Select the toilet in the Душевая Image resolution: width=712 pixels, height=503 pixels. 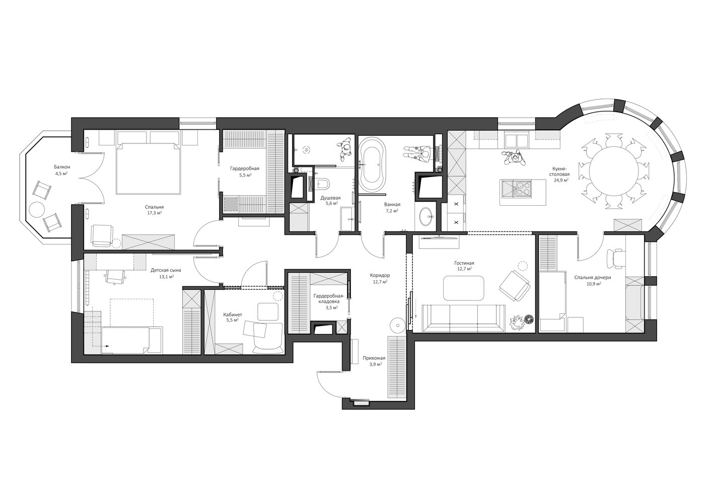click(x=323, y=183)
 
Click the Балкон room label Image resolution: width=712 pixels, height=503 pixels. click(x=62, y=166)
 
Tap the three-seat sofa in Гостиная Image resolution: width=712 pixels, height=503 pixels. click(x=463, y=318)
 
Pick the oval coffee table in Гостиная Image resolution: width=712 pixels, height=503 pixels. click(x=463, y=288)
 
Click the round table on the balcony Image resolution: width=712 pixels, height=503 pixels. click(x=37, y=210)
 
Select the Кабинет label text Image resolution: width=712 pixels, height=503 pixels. click(x=233, y=315)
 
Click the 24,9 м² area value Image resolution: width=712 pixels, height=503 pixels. click(x=561, y=180)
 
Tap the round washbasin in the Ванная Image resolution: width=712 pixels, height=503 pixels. click(x=425, y=217)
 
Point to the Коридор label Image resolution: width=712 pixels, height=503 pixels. click(x=380, y=275)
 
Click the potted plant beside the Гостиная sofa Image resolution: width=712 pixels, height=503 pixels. click(x=517, y=323)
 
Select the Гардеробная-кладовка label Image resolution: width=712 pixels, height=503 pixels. click(x=329, y=298)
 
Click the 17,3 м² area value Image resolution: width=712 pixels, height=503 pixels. click(x=156, y=213)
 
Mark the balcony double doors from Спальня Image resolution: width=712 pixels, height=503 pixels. click(x=92, y=178)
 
